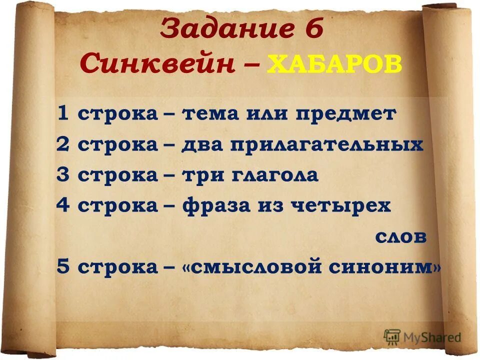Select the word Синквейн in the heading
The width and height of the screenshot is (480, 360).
(x=158, y=64)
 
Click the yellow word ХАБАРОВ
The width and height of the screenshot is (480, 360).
(x=335, y=64)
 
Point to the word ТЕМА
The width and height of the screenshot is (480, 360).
(x=209, y=114)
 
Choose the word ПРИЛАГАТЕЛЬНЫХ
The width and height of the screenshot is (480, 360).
(x=327, y=145)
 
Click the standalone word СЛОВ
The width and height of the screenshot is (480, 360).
(x=401, y=237)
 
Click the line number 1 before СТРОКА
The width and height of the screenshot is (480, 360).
(x=63, y=114)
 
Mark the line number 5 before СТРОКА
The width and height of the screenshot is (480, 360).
(x=63, y=267)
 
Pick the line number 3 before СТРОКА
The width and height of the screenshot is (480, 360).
(x=63, y=175)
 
